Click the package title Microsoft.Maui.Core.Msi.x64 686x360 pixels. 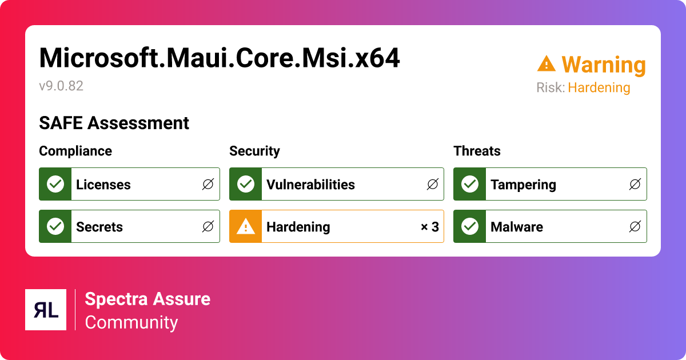220,58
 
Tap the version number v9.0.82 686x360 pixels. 61,86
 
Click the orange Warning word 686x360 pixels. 603,65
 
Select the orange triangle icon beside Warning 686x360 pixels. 546,64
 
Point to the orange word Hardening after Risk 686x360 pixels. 599,88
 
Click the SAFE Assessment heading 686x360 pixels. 114,123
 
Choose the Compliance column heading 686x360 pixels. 75,151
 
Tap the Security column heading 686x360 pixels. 254,151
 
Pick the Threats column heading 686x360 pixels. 477,151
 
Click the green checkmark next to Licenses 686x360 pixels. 55,184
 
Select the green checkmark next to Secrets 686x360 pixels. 55,226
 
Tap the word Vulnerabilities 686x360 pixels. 310,185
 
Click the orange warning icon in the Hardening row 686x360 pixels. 246,226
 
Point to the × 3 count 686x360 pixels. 429,227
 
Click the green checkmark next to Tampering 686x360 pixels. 470,184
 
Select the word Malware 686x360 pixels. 516,227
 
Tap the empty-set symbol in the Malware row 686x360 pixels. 635,227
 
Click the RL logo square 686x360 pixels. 46,310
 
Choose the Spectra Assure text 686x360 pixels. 147,299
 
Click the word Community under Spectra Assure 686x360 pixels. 131,322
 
